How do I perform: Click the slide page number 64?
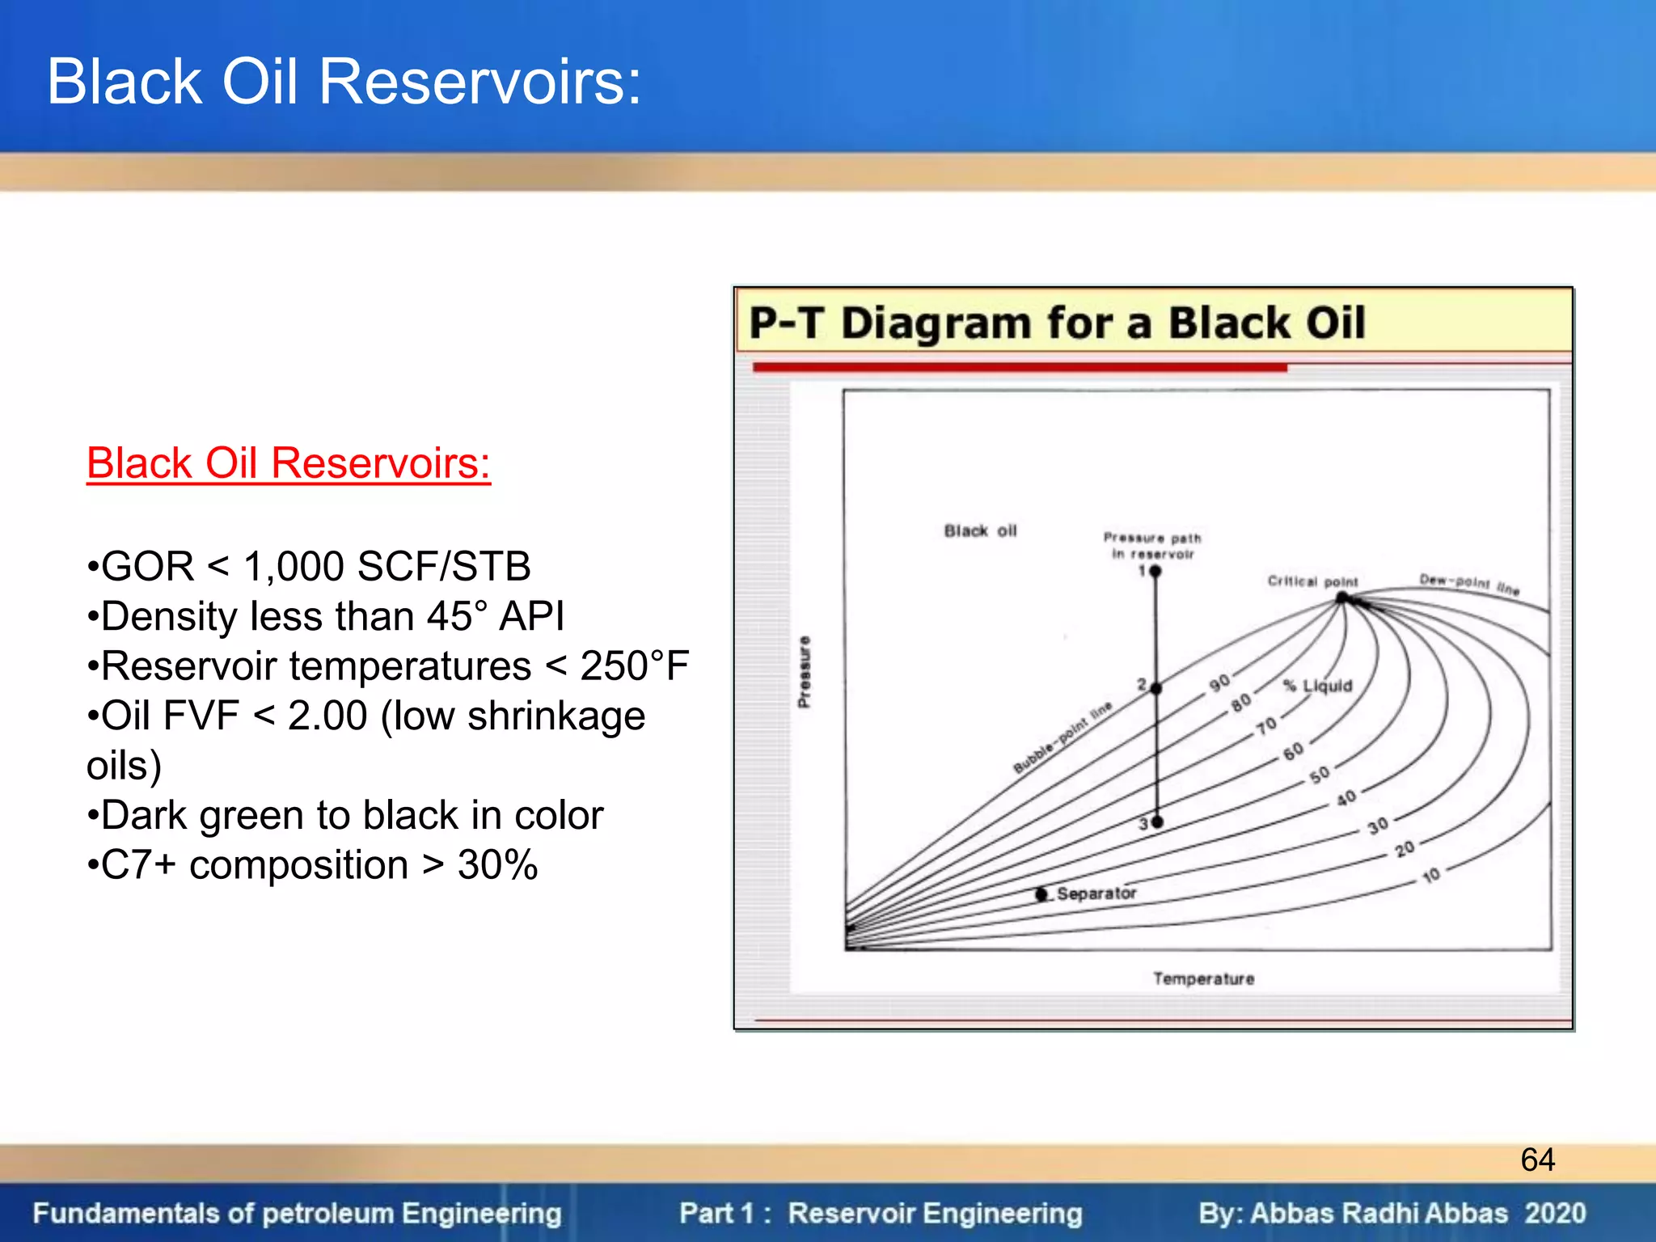tap(1537, 1160)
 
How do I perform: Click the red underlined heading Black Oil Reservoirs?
tap(288, 463)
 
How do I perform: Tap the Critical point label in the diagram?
tap(1312, 581)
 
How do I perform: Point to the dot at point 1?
tap(1155, 572)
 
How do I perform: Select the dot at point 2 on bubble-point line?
tap(1156, 689)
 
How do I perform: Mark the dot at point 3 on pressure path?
tap(1157, 822)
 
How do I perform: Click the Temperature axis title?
tap(1203, 979)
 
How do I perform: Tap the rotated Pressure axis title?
tap(804, 672)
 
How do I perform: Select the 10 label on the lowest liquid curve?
tap(1431, 876)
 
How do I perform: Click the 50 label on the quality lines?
tap(1320, 775)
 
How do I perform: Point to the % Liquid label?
tap(1318, 686)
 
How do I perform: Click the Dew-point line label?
tap(1469, 584)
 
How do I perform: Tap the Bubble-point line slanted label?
tap(1062, 737)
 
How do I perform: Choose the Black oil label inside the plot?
tap(980, 531)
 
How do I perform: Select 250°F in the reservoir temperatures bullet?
tap(634, 666)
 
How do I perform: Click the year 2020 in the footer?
tap(1555, 1213)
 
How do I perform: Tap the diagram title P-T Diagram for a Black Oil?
tap(1057, 323)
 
